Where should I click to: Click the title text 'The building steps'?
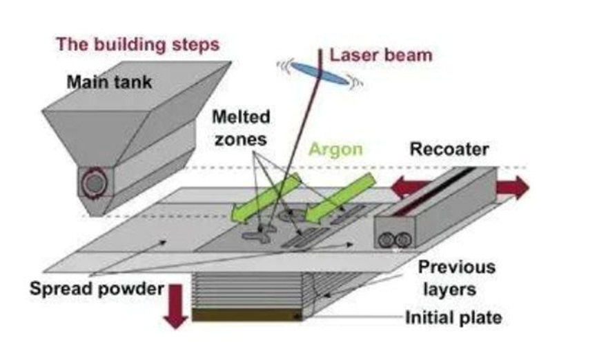(138, 45)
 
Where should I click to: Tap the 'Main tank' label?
(109, 82)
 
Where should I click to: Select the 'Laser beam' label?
(381, 55)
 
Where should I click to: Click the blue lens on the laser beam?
(320, 73)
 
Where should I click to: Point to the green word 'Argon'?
(335, 149)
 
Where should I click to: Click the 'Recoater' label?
(449, 149)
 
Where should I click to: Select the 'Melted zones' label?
(241, 128)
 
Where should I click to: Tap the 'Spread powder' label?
(97, 288)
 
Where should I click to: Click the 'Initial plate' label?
(453, 318)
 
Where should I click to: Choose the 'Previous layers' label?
(456, 278)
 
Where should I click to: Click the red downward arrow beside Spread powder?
(175, 306)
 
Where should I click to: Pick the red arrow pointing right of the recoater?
(513, 188)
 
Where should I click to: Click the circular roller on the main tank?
(95, 183)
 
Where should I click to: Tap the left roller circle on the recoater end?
(386, 240)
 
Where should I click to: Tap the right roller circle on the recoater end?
(403, 240)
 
